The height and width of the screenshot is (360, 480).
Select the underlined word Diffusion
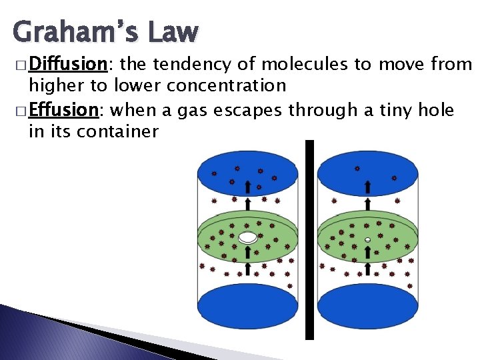coord(69,64)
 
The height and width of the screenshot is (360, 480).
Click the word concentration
coord(227,86)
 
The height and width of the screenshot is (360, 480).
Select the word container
coord(117,131)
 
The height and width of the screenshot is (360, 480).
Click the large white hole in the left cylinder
coord(248,237)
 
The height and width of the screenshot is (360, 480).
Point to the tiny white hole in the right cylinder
coord(367,239)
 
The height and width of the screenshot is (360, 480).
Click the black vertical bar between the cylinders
coord(309,240)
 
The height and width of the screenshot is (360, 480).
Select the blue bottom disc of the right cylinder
coord(367,307)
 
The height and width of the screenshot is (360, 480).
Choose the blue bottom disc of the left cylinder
coord(248,307)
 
